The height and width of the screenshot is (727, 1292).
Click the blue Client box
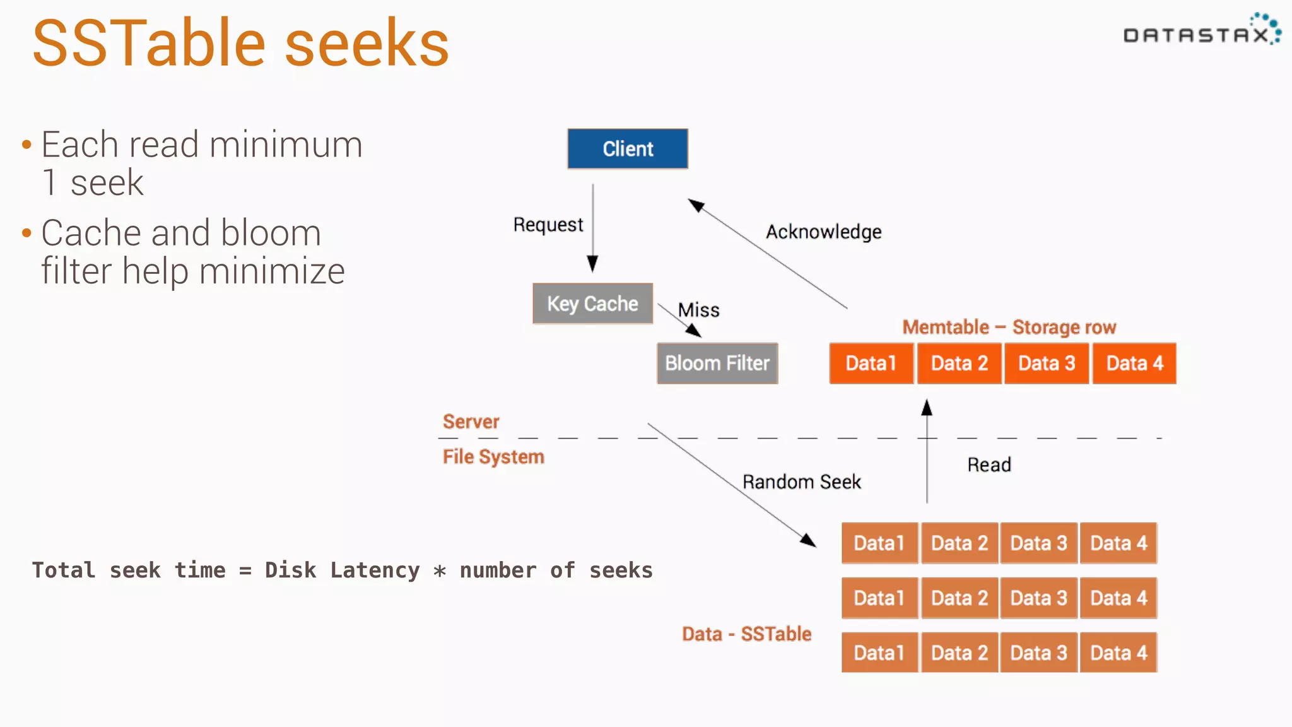click(x=627, y=149)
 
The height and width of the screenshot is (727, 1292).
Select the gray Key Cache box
click(x=592, y=304)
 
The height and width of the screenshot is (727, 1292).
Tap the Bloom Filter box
click(x=717, y=363)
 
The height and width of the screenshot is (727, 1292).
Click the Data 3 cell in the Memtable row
click(x=1046, y=363)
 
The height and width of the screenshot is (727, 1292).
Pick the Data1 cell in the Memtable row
click(x=871, y=363)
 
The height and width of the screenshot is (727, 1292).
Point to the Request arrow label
click(x=548, y=225)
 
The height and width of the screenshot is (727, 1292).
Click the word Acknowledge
click(x=823, y=232)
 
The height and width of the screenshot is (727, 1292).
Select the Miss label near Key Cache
click(x=698, y=310)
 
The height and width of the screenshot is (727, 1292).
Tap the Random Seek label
click(x=801, y=482)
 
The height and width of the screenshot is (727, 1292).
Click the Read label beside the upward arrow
click(x=989, y=465)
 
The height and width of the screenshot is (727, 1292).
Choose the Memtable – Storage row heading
click(x=1009, y=327)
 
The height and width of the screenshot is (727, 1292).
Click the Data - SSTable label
click(x=746, y=634)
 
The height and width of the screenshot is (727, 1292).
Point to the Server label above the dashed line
click(x=471, y=422)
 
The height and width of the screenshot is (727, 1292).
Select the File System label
click(x=493, y=456)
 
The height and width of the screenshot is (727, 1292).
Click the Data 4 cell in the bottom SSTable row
click(x=1119, y=653)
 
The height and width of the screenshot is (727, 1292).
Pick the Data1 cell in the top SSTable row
click(x=879, y=543)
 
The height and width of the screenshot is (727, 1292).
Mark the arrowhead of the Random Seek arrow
click(x=809, y=541)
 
